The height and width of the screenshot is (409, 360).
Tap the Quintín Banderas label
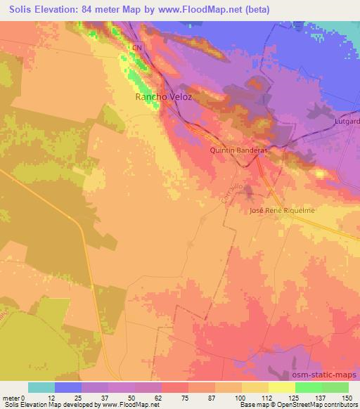click(x=238, y=150)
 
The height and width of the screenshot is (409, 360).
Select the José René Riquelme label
click(x=280, y=211)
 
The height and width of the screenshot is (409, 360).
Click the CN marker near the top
click(x=137, y=48)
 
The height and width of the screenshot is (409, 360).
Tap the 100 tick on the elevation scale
click(x=241, y=397)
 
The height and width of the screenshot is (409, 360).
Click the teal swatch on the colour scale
click(x=41, y=387)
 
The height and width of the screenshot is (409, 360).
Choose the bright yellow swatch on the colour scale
click(x=281, y=387)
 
